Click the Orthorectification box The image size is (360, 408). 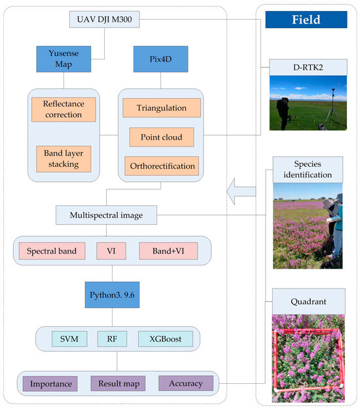coord(161,166)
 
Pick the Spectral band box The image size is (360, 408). coord(52,251)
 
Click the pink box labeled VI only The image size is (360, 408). coord(111,251)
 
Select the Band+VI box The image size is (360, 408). coord(168,251)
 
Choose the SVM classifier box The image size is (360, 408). coord(68,339)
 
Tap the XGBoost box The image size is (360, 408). coord(165,339)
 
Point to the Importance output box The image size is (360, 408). coord(50,383)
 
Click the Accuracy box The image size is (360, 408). coord(186,383)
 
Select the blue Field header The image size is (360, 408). coord(306,20)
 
